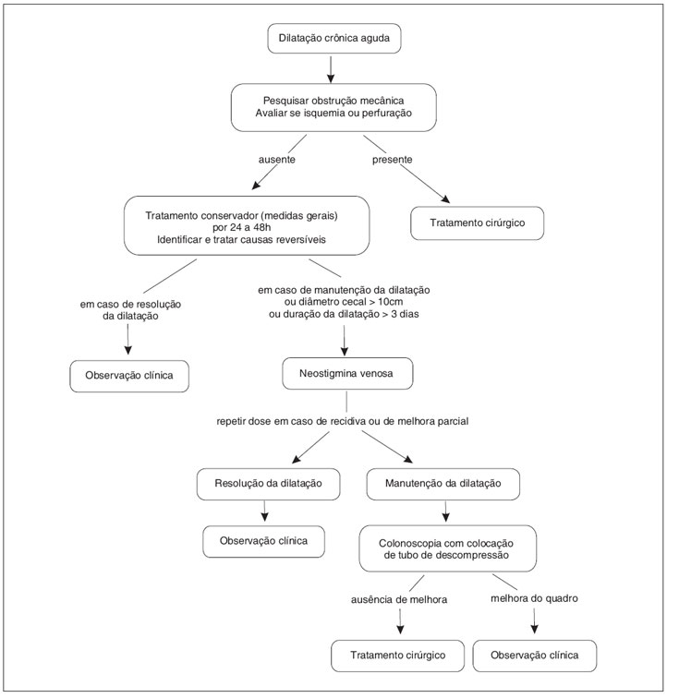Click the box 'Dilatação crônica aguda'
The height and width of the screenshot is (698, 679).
[x=334, y=38]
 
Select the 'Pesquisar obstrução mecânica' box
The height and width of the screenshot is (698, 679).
[x=333, y=107]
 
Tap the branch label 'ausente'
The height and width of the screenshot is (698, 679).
[x=276, y=160]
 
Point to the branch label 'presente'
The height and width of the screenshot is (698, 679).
[x=392, y=160]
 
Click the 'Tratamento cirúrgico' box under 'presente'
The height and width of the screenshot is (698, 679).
[x=478, y=223]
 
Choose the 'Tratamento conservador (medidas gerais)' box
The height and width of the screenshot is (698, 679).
[x=247, y=225]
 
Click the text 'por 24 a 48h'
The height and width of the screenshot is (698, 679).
[x=241, y=227]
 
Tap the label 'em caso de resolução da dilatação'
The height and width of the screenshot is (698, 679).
[x=130, y=310]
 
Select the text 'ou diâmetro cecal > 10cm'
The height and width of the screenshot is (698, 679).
[x=344, y=302]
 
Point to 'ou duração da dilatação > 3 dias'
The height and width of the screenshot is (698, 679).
[x=344, y=314]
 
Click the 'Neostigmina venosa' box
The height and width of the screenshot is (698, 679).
[x=347, y=374]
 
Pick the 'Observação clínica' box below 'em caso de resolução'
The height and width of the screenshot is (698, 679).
[x=129, y=376]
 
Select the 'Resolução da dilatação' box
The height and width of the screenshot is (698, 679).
[x=268, y=484]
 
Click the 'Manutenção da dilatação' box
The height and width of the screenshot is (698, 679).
[x=443, y=484]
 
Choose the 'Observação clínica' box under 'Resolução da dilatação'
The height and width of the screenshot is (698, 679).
[x=264, y=541]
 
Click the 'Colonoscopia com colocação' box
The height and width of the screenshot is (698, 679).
[x=448, y=548]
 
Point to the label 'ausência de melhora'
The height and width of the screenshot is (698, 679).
[x=399, y=599]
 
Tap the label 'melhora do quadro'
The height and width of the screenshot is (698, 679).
[x=534, y=598]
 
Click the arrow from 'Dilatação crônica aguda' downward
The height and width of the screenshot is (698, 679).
[x=331, y=69]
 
